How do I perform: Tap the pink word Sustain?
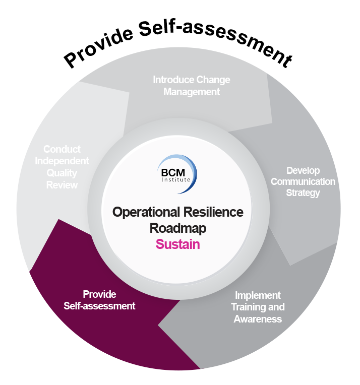(177, 245)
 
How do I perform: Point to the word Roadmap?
(177, 228)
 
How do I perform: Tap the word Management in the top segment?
(192, 92)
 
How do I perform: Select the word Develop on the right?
(303, 170)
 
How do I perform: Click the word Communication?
(303, 181)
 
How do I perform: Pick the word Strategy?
(303, 193)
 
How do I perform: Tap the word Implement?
(258, 295)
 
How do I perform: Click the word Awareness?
(258, 318)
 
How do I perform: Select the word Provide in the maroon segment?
(99, 294)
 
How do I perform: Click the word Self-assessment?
(99, 306)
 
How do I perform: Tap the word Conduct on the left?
(62, 149)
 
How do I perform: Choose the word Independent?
(62, 161)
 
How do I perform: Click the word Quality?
(62, 173)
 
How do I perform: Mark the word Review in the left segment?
(62, 185)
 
